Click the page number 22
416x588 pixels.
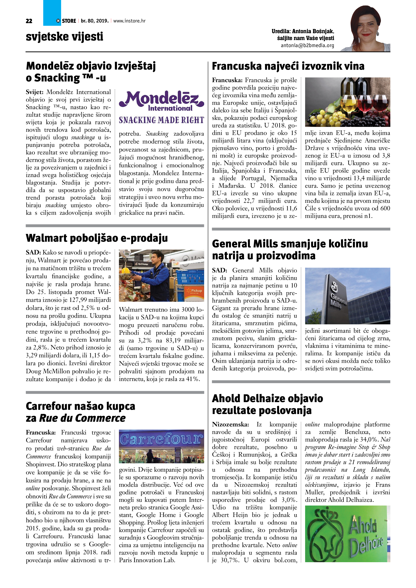[29, 21]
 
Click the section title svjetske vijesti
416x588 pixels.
[64, 36]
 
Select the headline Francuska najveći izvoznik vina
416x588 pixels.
[288, 66]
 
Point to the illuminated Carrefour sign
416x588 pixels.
[162, 439]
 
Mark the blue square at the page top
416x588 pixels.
[52, 13]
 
